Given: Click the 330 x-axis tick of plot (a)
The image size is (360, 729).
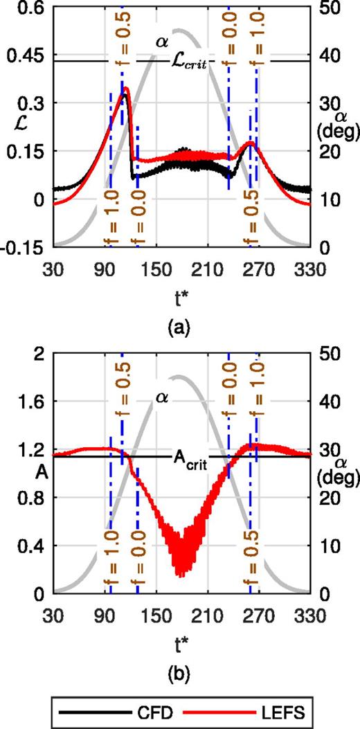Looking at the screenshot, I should [x=312, y=267].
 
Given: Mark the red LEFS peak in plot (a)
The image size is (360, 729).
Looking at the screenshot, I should [x=125, y=89].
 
